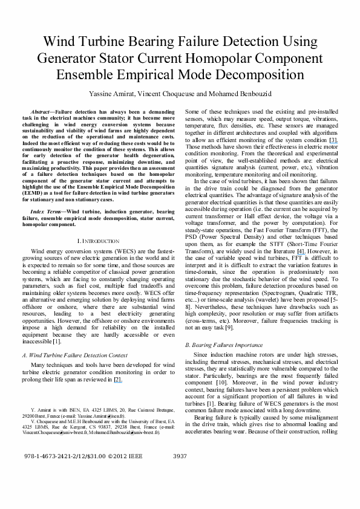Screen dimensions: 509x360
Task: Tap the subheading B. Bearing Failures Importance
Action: point(228,345)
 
